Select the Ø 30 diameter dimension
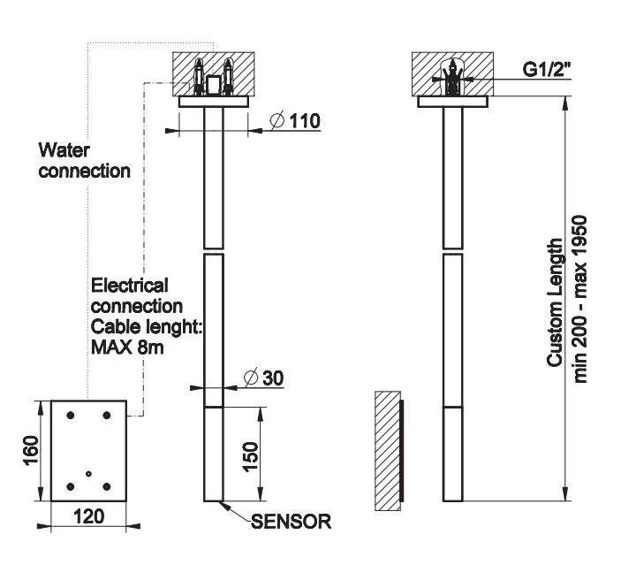click(x=262, y=378)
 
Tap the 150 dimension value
click(x=251, y=454)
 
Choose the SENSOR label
click(x=291, y=522)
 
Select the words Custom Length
click(x=555, y=302)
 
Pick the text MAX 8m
click(x=128, y=347)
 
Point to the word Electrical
click(x=130, y=286)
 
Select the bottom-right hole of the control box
click(x=106, y=485)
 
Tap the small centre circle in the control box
click(x=88, y=473)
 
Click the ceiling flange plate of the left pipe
click(x=214, y=102)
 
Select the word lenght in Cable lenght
click(x=172, y=327)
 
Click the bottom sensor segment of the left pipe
click(x=214, y=454)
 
